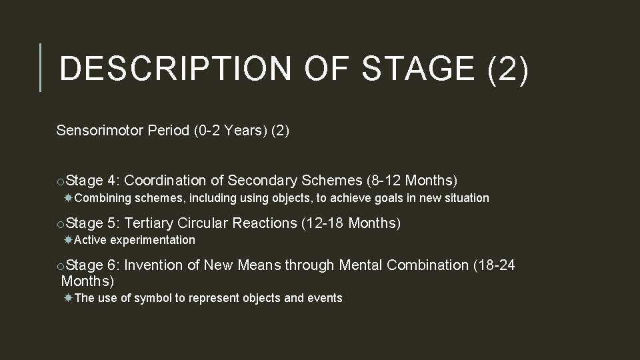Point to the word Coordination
pos(165,180)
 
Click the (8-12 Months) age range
pos(412,180)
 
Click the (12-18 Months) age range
pos(351,223)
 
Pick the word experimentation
pos(153,240)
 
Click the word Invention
pos(153,265)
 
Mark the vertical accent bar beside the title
pos(41,67)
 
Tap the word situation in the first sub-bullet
pos(464,198)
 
